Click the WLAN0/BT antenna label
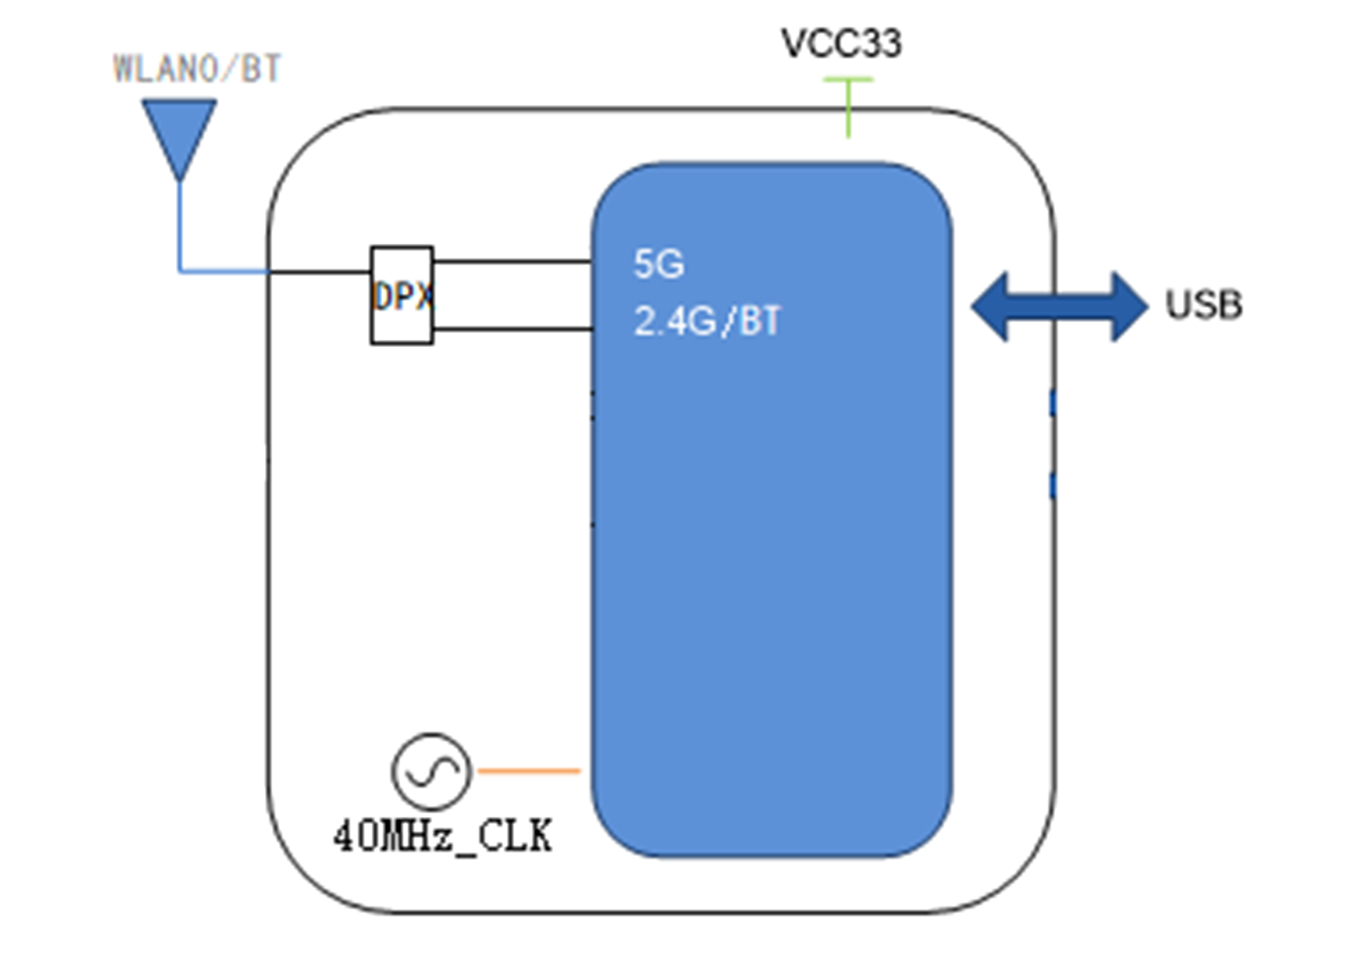[x=197, y=68]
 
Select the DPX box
[x=402, y=295]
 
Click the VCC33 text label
[x=842, y=43]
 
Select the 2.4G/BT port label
[x=708, y=321]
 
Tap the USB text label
[x=1204, y=305]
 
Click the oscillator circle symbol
[x=432, y=772]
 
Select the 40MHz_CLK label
[x=443, y=836]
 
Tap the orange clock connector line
[x=529, y=771]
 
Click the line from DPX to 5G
[x=512, y=260]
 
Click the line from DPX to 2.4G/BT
[x=512, y=329]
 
